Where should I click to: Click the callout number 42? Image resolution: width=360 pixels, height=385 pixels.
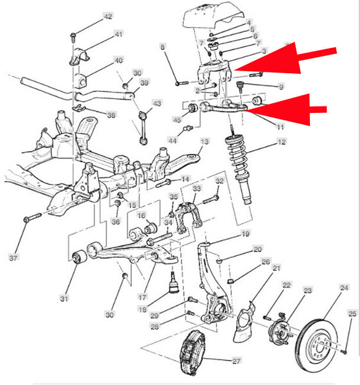click(108, 17)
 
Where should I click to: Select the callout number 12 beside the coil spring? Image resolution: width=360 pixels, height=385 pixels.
click(282, 142)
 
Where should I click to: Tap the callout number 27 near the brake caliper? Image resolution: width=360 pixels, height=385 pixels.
click(236, 361)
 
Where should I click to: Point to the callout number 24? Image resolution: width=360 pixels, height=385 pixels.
click(344, 287)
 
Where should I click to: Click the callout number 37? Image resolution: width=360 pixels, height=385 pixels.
click(13, 258)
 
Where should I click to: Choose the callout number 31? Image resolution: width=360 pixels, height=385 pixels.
click(64, 298)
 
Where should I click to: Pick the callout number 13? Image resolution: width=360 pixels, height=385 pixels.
click(205, 141)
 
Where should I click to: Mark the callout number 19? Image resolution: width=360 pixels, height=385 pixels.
click(246, 234)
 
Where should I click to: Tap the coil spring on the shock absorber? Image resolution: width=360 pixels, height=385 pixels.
click(237, 157)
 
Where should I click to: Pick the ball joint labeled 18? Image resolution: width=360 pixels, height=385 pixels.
click(174, 283)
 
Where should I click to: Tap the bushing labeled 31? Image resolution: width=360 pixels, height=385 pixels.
click(80, 257)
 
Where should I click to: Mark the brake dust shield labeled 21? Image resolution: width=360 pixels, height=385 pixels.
click(244, 321)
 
